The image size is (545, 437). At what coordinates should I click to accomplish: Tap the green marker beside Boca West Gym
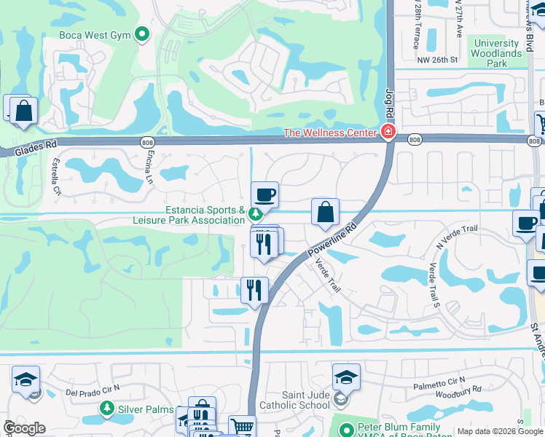pos(143,34)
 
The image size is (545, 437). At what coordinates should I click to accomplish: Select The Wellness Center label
pos(329,133)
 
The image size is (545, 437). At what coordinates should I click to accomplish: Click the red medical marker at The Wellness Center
pos(387,133)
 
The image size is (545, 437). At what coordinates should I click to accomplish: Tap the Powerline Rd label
pos(332,239)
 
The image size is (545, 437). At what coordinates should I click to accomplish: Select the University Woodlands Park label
pos(496,53)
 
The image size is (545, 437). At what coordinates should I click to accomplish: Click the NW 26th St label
pos(437,60)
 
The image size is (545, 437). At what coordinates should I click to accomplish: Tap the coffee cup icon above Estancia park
pos(265,194)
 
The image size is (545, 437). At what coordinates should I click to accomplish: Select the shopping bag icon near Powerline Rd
pos(326,212)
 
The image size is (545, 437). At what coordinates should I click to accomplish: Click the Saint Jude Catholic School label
pos(307,401)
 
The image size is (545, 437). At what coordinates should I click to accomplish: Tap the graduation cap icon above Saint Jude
pos(346,377)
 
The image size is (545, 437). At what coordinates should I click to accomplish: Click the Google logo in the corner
pos(24,428)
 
